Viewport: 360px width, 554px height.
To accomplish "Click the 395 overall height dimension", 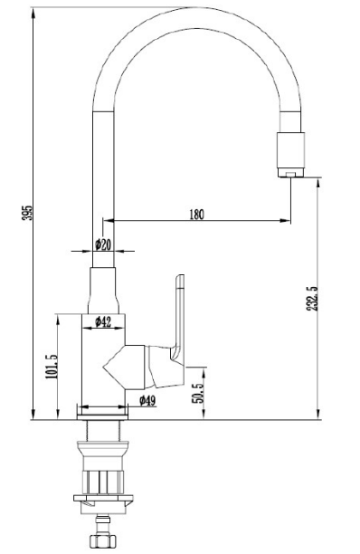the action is click(x=27, y=213).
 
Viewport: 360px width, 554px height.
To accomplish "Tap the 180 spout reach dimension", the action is click(x=196, y=215).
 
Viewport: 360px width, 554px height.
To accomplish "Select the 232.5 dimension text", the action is click(x=312, y=298).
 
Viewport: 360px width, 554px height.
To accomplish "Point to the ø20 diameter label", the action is click(x=103, y=244).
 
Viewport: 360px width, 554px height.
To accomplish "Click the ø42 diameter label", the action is click(x=103, y=321).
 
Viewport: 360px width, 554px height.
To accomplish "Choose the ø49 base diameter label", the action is click(x=147, y=400).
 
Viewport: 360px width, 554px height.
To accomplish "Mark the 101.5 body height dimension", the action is click(x=52, y=367).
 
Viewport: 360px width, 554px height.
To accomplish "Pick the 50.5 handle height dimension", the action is click(x=198, y=393).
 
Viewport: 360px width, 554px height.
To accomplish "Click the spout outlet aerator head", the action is click(x=290, y=155).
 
